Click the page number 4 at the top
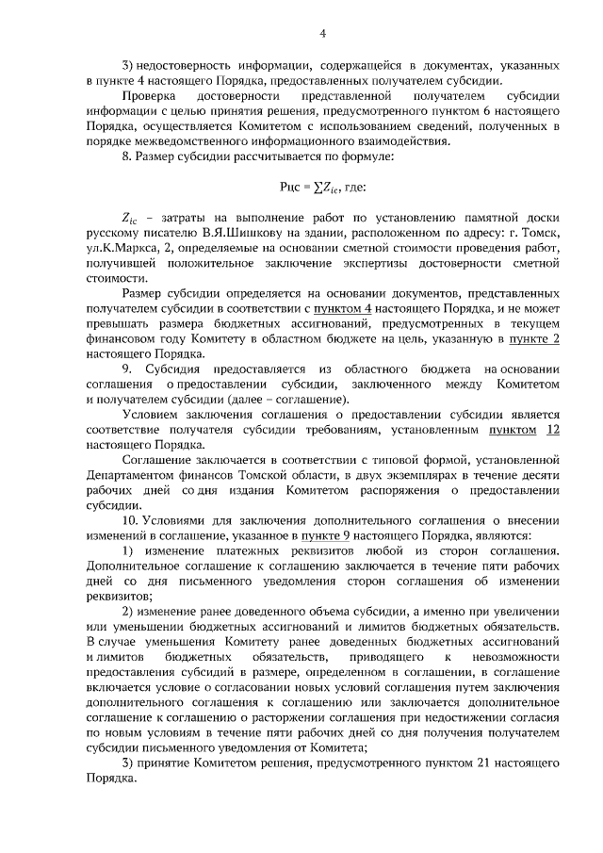click(x=322, y=36)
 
